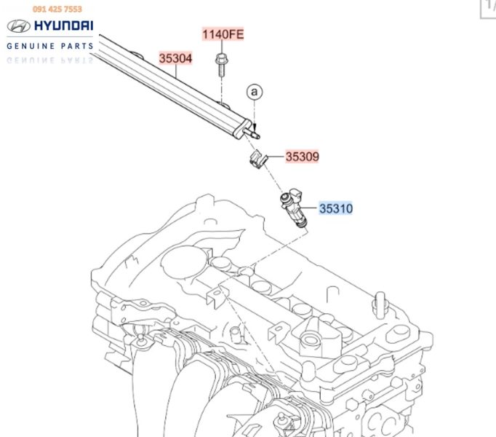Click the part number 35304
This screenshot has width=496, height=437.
point(177,57)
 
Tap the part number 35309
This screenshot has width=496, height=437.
point(302,156)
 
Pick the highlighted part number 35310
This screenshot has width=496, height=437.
point(335,209)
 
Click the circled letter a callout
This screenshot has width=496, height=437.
point(254,92)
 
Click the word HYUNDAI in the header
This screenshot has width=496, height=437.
point(61,26)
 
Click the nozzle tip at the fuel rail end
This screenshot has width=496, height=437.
point(255,132)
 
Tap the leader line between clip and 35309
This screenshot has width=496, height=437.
point(276,156)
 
